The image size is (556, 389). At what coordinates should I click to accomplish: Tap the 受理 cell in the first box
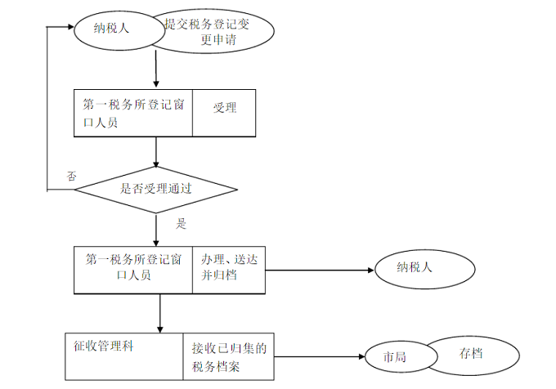coord(224,112)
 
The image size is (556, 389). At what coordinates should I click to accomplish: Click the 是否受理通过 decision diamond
coord(155,189)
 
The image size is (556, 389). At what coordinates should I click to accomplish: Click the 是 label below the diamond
coord(182,223)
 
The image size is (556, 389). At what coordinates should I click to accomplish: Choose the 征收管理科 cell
coord(123,357)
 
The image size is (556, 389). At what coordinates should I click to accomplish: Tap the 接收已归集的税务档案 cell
coord(228,357)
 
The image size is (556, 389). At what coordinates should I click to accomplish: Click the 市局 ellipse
coord(396,357)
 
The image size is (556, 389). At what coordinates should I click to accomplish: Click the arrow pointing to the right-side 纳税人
coord(319,270)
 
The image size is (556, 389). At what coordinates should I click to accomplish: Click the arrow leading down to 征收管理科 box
coord(159,312)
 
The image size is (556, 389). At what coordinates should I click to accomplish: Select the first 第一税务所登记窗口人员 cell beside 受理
coord(133,112)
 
